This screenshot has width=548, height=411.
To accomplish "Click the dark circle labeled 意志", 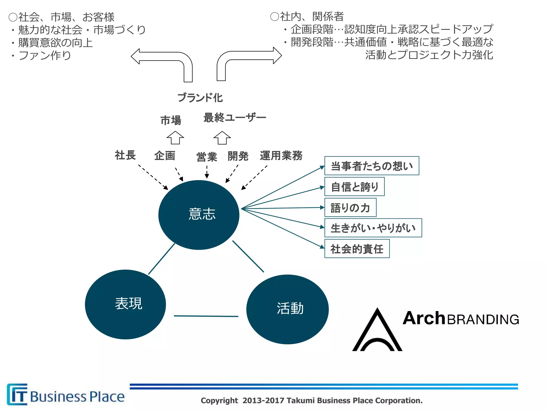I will click(199, 215).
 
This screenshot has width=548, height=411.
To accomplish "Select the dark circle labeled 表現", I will click(125, 304).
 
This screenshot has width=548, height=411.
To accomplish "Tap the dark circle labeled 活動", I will click(287, 309).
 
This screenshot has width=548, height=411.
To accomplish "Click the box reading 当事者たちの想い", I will click(371, 166).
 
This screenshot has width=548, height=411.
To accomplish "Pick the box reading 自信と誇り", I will click(354, 187).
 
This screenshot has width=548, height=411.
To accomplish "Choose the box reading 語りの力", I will click(350, 208).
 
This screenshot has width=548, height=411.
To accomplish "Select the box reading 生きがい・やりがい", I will click(373, 228).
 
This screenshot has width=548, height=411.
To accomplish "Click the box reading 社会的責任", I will click(357, 249).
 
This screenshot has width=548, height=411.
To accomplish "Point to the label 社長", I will click(125, 155).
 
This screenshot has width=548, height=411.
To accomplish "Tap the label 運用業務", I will click(281, 155).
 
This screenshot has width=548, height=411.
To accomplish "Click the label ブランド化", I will click(200, 98).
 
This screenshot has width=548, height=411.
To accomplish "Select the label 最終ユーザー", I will click(235, 117).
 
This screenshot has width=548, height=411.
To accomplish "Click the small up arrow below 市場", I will click(175, 138).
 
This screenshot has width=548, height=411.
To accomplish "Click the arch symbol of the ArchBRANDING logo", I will click(377, 332).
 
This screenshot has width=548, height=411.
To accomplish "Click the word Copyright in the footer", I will click(219, 401).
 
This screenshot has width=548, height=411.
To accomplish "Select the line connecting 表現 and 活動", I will click(206, 316).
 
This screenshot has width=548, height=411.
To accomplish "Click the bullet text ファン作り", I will click(44, 55).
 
